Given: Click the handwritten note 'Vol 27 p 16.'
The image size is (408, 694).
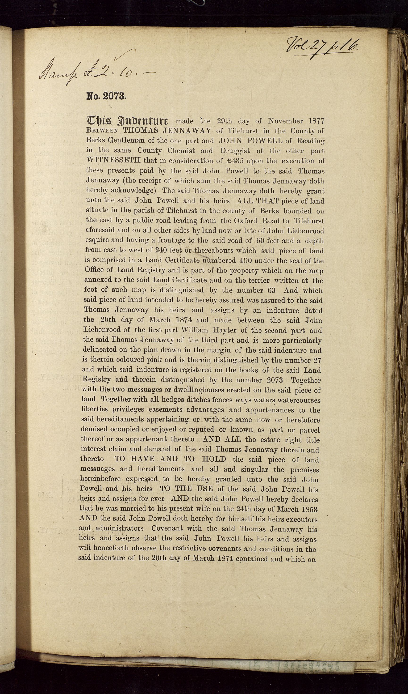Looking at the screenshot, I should tap(322, 46).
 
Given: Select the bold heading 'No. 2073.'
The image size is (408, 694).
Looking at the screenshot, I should tap(106, 96).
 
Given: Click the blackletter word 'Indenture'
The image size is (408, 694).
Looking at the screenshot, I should tap(142, 121).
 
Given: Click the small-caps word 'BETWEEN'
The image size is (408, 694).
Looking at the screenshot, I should tap(102, 131).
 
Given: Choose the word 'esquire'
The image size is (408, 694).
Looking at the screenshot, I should tap(97, 240).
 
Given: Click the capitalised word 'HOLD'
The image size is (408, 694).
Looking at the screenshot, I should tap(214, 459).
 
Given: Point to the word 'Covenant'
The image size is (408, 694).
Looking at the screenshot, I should tap(167, 529).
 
